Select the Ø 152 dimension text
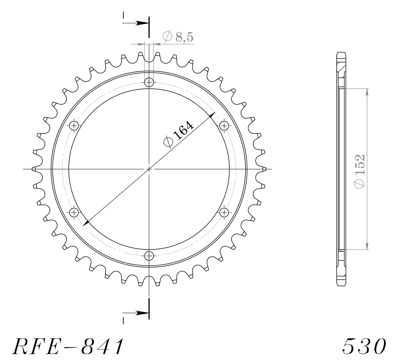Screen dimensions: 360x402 click(359, 171)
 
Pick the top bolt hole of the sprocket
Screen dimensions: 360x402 click(149, 82)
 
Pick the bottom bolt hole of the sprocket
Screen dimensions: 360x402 click(149, 256)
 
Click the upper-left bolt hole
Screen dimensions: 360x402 click(74, 125)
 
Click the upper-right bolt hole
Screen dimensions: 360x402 click(224, 125)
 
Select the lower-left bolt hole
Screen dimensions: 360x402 click(74, 213)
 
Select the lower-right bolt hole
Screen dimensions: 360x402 click(224, 213)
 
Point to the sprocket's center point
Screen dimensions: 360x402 click(149, 169)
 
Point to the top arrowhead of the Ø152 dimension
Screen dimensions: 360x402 click(367, 92)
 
